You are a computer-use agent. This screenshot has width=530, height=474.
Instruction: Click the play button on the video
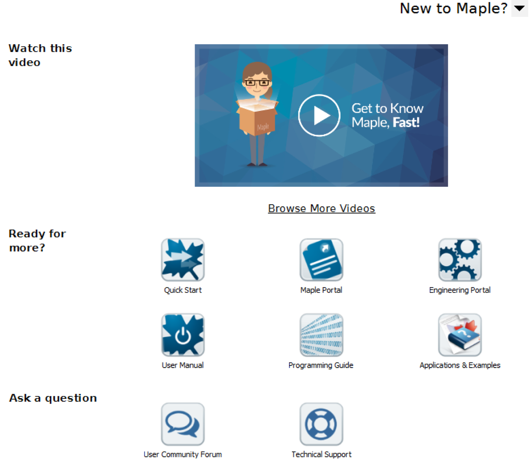point(319,115)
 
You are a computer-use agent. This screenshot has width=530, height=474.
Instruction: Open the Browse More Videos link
point(321,208)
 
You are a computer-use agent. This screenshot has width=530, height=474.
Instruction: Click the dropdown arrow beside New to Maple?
point(520,8)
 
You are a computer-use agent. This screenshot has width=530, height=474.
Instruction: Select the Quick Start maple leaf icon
point(183,260)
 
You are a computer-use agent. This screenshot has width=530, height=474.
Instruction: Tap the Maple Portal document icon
point(321,260)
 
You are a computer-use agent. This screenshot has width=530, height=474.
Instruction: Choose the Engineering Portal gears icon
point(460,260)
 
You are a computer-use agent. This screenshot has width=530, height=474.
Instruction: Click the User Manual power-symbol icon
point(183,335)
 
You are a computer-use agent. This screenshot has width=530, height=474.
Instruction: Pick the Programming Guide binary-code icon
point(321,335)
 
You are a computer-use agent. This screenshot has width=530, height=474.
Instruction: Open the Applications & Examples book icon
point(460,335)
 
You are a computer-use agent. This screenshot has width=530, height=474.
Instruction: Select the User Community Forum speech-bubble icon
point(183,424)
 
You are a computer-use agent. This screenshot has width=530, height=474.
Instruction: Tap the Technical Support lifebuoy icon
point(321,424)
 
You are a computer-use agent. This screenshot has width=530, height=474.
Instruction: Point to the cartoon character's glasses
point(257,82)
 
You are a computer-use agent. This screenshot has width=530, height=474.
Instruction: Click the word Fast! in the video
point(406,122)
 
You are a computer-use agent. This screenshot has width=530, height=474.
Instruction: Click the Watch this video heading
point(40,55)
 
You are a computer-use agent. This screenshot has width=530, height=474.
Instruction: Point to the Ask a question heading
point(53,398)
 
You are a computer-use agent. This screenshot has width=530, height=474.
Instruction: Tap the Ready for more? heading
point(37,241)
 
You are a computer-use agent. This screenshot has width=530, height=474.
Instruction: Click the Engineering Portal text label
point(460,290)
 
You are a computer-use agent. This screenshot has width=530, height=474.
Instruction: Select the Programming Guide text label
point(321,365)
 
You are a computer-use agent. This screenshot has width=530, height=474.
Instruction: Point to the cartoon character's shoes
point(257,165)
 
